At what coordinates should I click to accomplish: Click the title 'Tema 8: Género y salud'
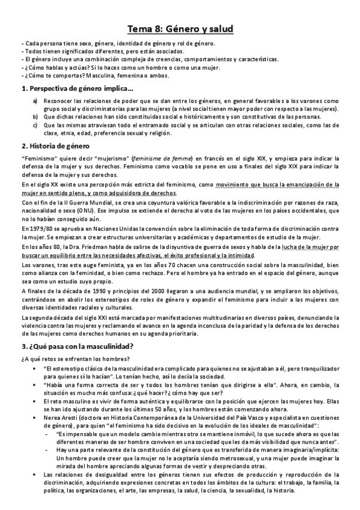tap(180, 28)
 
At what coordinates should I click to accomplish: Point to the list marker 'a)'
tap(35, 100)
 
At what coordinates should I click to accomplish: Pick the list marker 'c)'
tap(35, 125)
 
